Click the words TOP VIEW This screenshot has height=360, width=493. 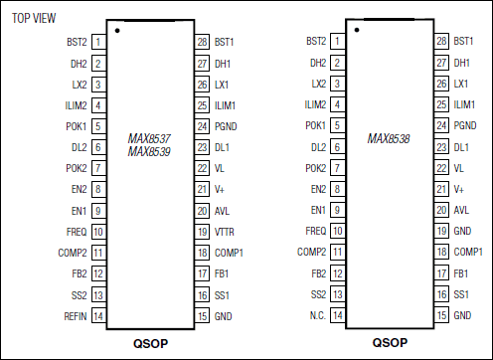pos(33,19)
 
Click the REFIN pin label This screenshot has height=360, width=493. pos(76,316)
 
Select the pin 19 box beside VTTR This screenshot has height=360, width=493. pos(203,232)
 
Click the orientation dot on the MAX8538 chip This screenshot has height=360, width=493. pos(356,29)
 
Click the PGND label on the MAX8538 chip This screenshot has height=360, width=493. pos(465,126)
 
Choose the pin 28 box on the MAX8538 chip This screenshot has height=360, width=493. pos(441,42)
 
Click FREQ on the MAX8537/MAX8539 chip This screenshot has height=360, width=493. pos(77,232)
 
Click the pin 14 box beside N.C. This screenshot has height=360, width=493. pos(339,316)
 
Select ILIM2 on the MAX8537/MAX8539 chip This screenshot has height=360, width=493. pos(76,105)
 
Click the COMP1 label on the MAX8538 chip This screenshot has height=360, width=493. pos(467,253)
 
